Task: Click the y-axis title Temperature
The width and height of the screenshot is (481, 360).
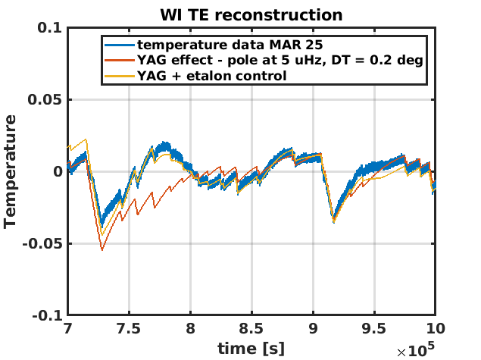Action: pos(11,171)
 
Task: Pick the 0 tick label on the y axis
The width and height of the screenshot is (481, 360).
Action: pos(57,171)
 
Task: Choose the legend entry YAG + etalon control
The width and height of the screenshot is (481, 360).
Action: pos(211,76)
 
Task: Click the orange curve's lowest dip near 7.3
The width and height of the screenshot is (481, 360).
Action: pos(102,249)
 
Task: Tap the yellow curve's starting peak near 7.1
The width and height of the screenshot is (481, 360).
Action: pos(86,139)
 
